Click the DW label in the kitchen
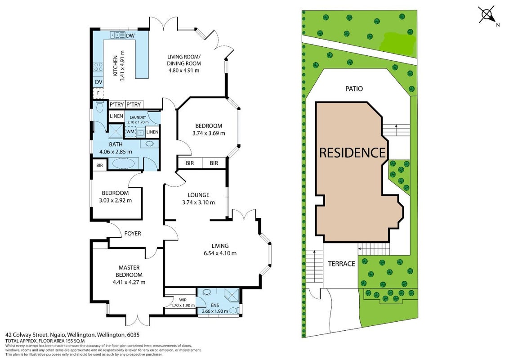pyautogui.click(x=130, y=36)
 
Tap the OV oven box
pyautogui.click(x=98, y=82)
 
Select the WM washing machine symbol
pyautogui.click(x=130, y=131)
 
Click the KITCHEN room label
pyautogui.click(x=115, y=66)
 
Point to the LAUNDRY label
pyautogui.click(x=138, y=117)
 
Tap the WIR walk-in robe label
pyautogui.click(x=183, y=300)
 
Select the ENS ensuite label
pyautogui.click(x=214, y=306)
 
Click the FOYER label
pyautogui.click(x=133, y=233)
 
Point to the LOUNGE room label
pyautogui.click(x=198, y=195)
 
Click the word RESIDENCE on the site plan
pyautogui.click(x=353, y=153)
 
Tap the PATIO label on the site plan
pyautogui.click(x=354, y=89)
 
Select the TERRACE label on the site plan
pyautogui.click(x=341, y=264)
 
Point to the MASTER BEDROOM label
pyautogui.click(x=129, y=271)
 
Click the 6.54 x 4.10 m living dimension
pyautogui.click(x=220, y=253)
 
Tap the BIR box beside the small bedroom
pyautogui.click(x=100, y=166)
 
